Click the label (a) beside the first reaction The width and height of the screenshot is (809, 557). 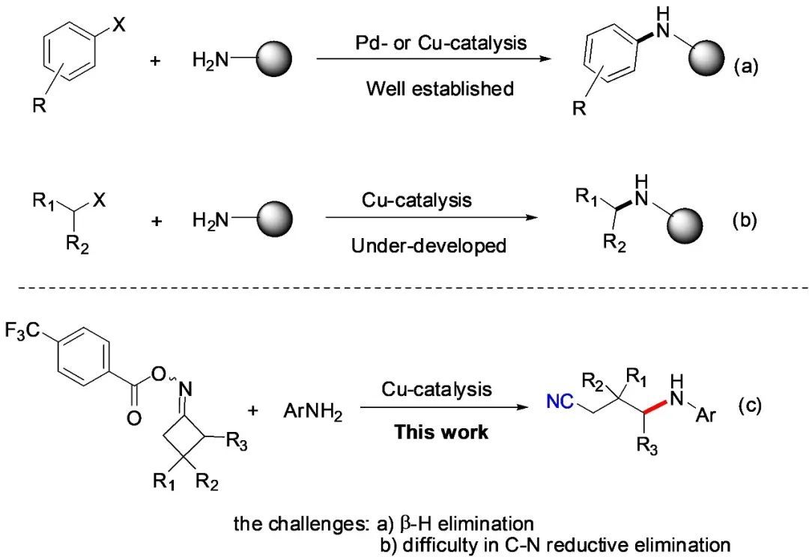746,67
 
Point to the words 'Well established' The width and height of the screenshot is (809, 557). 440,88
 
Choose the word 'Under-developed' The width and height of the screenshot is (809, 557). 428,246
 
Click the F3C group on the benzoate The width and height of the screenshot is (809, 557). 24,329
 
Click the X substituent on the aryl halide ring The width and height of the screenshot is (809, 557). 119,25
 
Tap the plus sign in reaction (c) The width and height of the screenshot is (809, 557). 252,410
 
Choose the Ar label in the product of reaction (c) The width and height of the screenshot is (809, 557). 706,414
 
